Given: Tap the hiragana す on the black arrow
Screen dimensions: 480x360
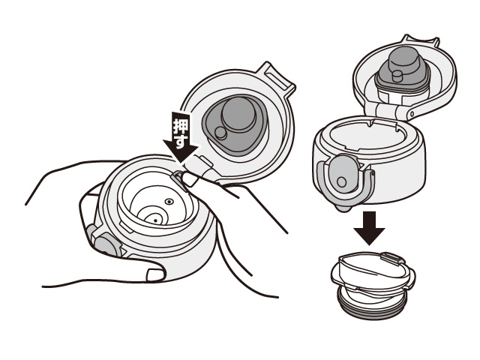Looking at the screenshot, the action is click(181, 141).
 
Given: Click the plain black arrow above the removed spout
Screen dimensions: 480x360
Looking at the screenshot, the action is click(369, 228).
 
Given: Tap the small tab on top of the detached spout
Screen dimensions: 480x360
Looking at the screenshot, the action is click(393, 257).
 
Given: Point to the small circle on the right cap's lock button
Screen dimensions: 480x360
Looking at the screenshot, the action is click(341, 182).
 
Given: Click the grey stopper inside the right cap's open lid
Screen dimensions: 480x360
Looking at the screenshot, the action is click(402, 70).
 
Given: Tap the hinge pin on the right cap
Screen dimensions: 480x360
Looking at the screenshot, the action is click(412, 114).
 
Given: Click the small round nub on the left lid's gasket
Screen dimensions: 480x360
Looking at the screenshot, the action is click(220, 133).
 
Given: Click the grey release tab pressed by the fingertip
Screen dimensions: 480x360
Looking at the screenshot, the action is click(178, 176).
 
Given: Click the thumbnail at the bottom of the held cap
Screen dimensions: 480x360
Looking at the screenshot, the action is click(155, 274).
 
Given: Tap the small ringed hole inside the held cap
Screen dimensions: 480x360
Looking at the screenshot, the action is click(169, 202).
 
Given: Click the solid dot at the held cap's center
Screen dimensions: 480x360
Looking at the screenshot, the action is click(155, 220).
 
